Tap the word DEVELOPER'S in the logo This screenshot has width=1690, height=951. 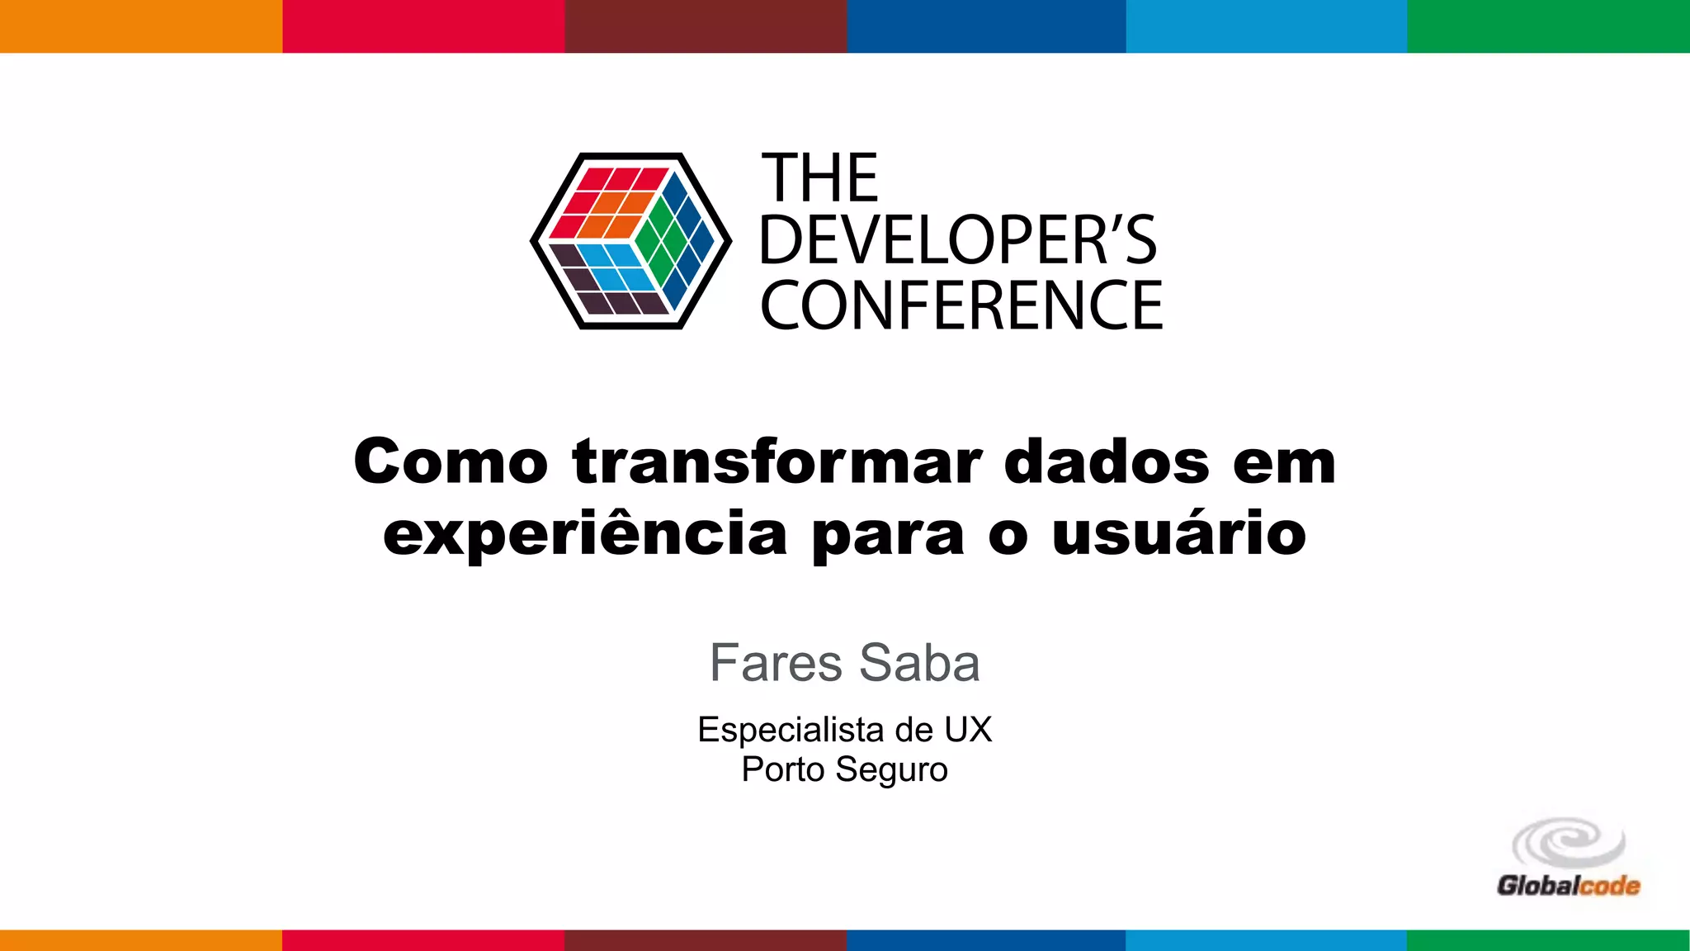pyautogui.click(x=958, y=241)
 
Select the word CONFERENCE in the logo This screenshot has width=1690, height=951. pyautogui.click(x=961, y=305)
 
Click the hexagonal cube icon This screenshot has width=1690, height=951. pyautogui.click(x=630, y=241)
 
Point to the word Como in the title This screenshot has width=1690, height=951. pyautogui.click(x=451, y=462)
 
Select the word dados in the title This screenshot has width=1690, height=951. pyautogui.click(x=1107, y=462)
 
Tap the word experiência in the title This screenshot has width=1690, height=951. pyautogui.click(x=585, y=535)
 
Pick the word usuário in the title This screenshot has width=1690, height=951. pyautogui.click(x=1179, y=535)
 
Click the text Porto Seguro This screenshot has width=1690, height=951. pyautogui.click(x=844, y=769)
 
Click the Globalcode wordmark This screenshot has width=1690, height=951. pyautogui.click(x=1568, y=886)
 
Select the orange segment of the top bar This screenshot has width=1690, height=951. pyautogui.click(x=141, y=26)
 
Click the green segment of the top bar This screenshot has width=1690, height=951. pyautogui.click(x=1548, y=26)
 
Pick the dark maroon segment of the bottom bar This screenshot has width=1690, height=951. pyautogui.click(x=706, y=940)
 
